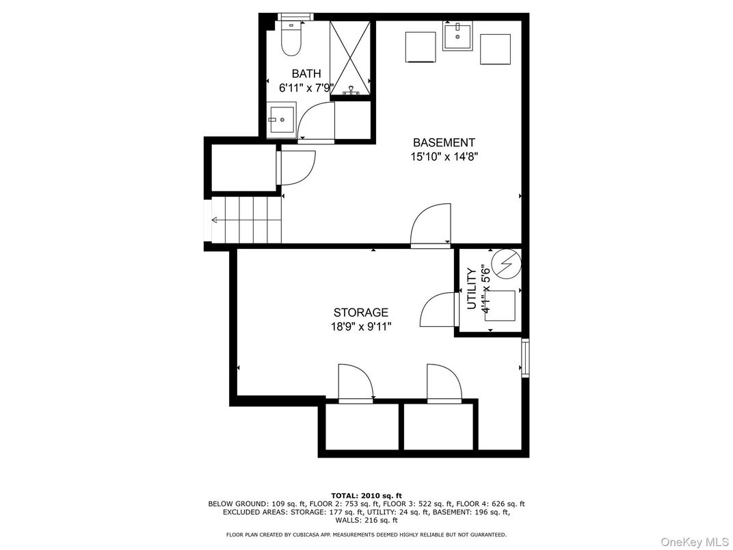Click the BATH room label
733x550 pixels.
tap(306, 74)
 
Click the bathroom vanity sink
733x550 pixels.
tap(281, 120)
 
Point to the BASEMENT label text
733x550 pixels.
tap(444, 143)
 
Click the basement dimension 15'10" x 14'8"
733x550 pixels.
tap(444, 157)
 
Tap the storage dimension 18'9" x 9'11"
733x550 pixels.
tap(361, 326)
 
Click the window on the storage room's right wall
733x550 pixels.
tap(524, 356)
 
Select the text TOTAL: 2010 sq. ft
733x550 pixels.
tap(366, 495)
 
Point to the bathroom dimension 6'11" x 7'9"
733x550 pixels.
tap(306, 88)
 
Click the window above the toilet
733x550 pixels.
tap(295, 16)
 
